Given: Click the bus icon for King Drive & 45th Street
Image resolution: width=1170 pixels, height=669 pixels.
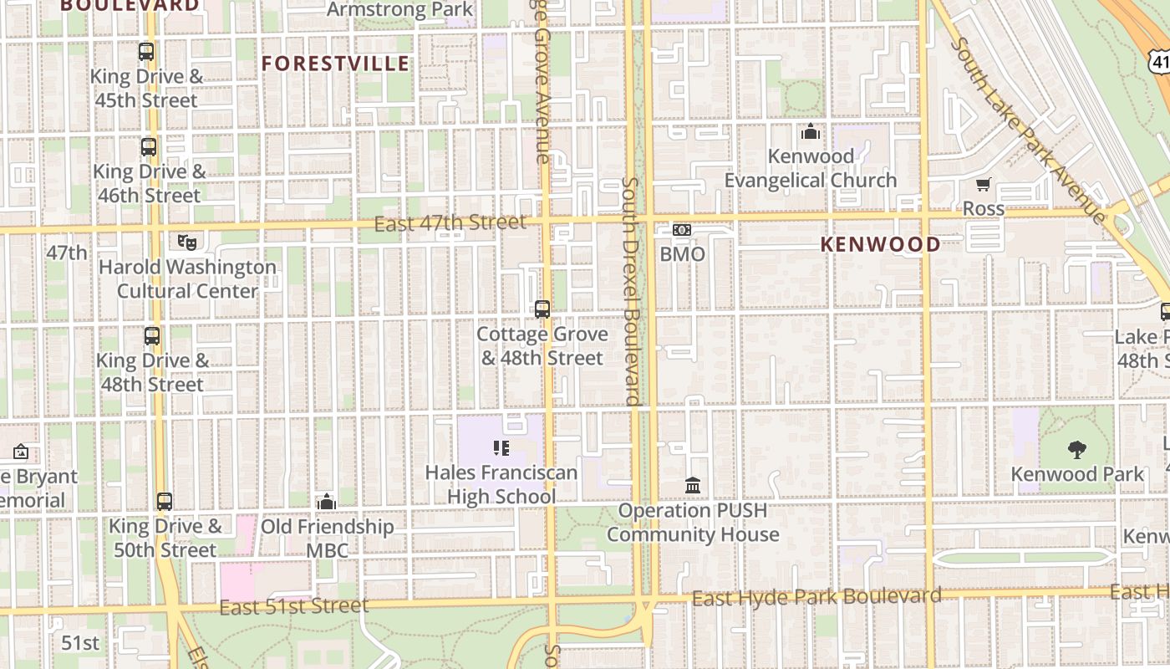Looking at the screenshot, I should (146, 52).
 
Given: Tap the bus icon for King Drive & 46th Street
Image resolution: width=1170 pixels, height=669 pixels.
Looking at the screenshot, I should (149, 147).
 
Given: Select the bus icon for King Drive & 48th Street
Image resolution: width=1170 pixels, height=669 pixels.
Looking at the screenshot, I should (151, 336).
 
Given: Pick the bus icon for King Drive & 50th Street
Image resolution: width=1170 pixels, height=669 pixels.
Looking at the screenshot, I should (165, 502).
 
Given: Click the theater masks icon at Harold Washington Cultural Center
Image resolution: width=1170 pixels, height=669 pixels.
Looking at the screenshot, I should (187, 243).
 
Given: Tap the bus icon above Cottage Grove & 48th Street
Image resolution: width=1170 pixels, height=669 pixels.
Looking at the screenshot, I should (542, 309).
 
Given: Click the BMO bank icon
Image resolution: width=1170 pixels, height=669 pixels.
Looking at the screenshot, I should (682, 230).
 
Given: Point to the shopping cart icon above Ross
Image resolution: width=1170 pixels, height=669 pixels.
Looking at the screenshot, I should (984, 184).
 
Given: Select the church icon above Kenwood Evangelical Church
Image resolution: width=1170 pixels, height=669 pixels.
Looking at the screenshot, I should (810, 132).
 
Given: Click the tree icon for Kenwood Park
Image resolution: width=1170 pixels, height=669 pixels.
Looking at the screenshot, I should (1077, 450).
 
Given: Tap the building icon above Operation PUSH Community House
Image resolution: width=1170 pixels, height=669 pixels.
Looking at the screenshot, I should (693, 486).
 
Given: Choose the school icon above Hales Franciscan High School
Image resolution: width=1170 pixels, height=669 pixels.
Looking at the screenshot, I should (501, 448).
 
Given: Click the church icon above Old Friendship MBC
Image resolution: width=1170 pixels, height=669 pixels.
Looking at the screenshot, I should (327, 502).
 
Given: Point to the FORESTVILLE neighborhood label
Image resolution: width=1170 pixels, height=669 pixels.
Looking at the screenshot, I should (336, 64).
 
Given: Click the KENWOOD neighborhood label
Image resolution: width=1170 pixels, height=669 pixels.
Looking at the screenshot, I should (880, 244).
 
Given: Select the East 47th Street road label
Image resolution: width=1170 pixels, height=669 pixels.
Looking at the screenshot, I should (450, 223).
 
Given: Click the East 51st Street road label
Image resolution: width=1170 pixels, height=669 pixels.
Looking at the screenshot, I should (293, 606).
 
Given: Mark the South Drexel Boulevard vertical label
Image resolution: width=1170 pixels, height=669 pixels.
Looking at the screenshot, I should (631, 291).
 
